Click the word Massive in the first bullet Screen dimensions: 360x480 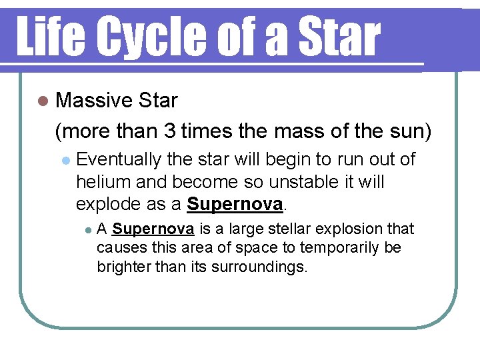pyautogui.click(x=93, y=101)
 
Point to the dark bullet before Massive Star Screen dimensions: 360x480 pyautogui.click(x=43, y=101)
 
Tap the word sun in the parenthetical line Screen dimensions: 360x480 pyautogui.click(x=406, y=131)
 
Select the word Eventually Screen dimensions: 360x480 pyautogui.click(x=119, y=160)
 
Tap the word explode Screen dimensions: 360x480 pyautogui.click(x=109, y=203)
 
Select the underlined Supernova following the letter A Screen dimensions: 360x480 pyautogui.click(x=153, y=229)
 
